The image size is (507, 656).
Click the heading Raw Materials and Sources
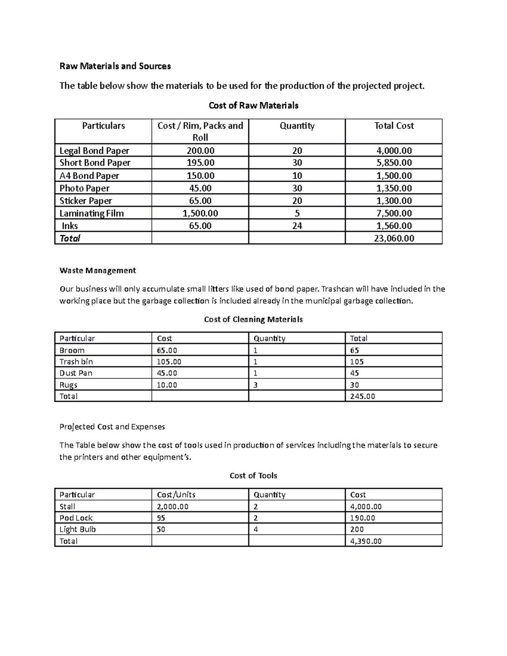click(115, 66)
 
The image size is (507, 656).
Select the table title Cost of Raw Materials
click(253, 106)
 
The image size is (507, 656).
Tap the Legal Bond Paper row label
click(94, 151)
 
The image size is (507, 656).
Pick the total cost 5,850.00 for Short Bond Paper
click(393, 163)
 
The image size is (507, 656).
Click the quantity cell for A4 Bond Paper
click(297, 176)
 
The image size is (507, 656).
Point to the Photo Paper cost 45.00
click(200, 188)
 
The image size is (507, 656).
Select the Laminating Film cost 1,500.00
click(200, 213)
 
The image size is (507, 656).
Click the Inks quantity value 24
click(297, 226)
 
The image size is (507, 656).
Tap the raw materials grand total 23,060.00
click(393, 238)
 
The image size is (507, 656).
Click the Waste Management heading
click(98, 270)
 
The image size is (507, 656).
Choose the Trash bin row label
click(76, 362)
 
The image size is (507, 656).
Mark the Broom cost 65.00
click(167, 350)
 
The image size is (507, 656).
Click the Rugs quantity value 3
click(256, 385)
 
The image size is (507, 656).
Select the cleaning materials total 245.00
click(363, 396)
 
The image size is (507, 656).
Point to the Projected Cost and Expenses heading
click(112, 427)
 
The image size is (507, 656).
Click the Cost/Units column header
click(176, 495)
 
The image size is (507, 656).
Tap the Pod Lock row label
click(76, 518)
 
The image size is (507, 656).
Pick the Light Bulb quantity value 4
click(256, 529)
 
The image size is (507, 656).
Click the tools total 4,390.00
click(365, 541)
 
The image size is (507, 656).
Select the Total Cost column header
click(394, 126)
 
